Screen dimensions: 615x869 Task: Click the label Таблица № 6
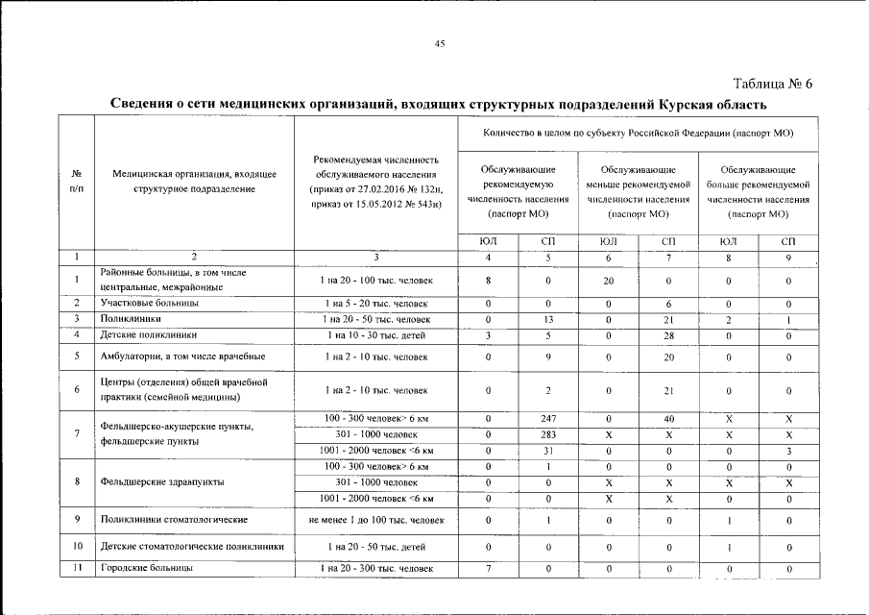point(773,83)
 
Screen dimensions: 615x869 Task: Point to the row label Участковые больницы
point(150,303)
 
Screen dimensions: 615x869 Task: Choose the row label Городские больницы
point(147,569)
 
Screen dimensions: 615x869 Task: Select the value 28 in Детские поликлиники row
point(668,335)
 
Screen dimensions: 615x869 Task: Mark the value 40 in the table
point(668,418)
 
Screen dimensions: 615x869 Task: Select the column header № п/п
point(76,182)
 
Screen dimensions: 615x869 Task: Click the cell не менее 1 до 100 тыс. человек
point(375,520)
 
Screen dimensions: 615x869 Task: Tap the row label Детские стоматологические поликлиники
point(192,547)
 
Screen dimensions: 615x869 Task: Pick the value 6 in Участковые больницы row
point(668,303)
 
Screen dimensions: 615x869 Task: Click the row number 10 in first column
point(76,547)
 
